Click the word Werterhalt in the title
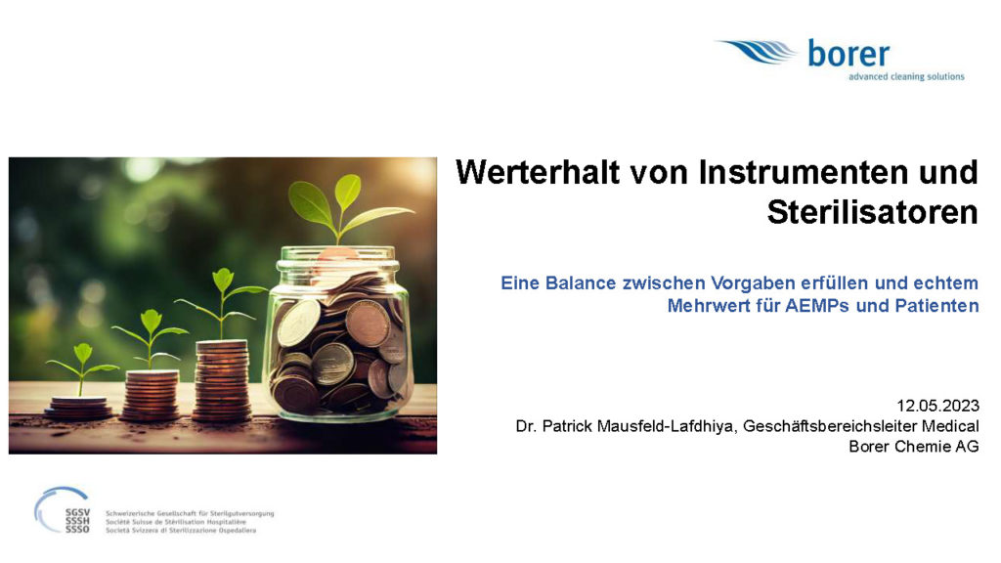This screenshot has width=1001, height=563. (x=539, y=172)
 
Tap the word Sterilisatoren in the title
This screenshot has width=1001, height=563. (x=873, y=212)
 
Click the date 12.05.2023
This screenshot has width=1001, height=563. (x=937, y=406)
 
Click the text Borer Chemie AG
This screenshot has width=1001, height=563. (x=914, y=446)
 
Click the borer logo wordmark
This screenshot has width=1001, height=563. (x=849, y=54)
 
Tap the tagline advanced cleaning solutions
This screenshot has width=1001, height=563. (x=906, y=76)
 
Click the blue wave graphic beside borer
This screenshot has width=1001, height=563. (x=758, y=51)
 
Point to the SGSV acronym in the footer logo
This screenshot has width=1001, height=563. (x=77, y=512)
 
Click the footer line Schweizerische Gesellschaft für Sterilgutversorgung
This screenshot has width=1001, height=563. (x=190, y=513)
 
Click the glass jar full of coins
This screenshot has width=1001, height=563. (x=338, y=334)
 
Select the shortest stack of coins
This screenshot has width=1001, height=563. (x=78, y=408)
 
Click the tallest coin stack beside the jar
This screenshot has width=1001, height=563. (x=222, y=380)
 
